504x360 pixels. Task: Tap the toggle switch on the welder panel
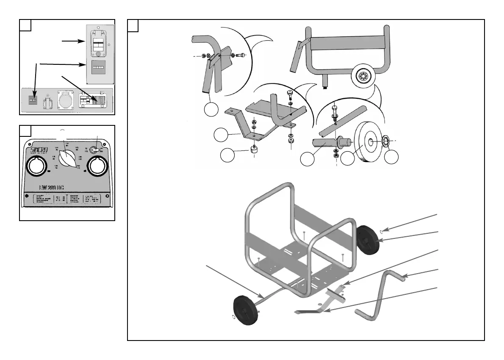point(96,150)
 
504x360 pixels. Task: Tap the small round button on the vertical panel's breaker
point(98,54)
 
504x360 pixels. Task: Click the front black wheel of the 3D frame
point(246,310)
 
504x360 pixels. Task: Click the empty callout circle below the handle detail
point(211,110)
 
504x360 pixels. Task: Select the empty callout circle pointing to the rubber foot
point(228,155)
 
